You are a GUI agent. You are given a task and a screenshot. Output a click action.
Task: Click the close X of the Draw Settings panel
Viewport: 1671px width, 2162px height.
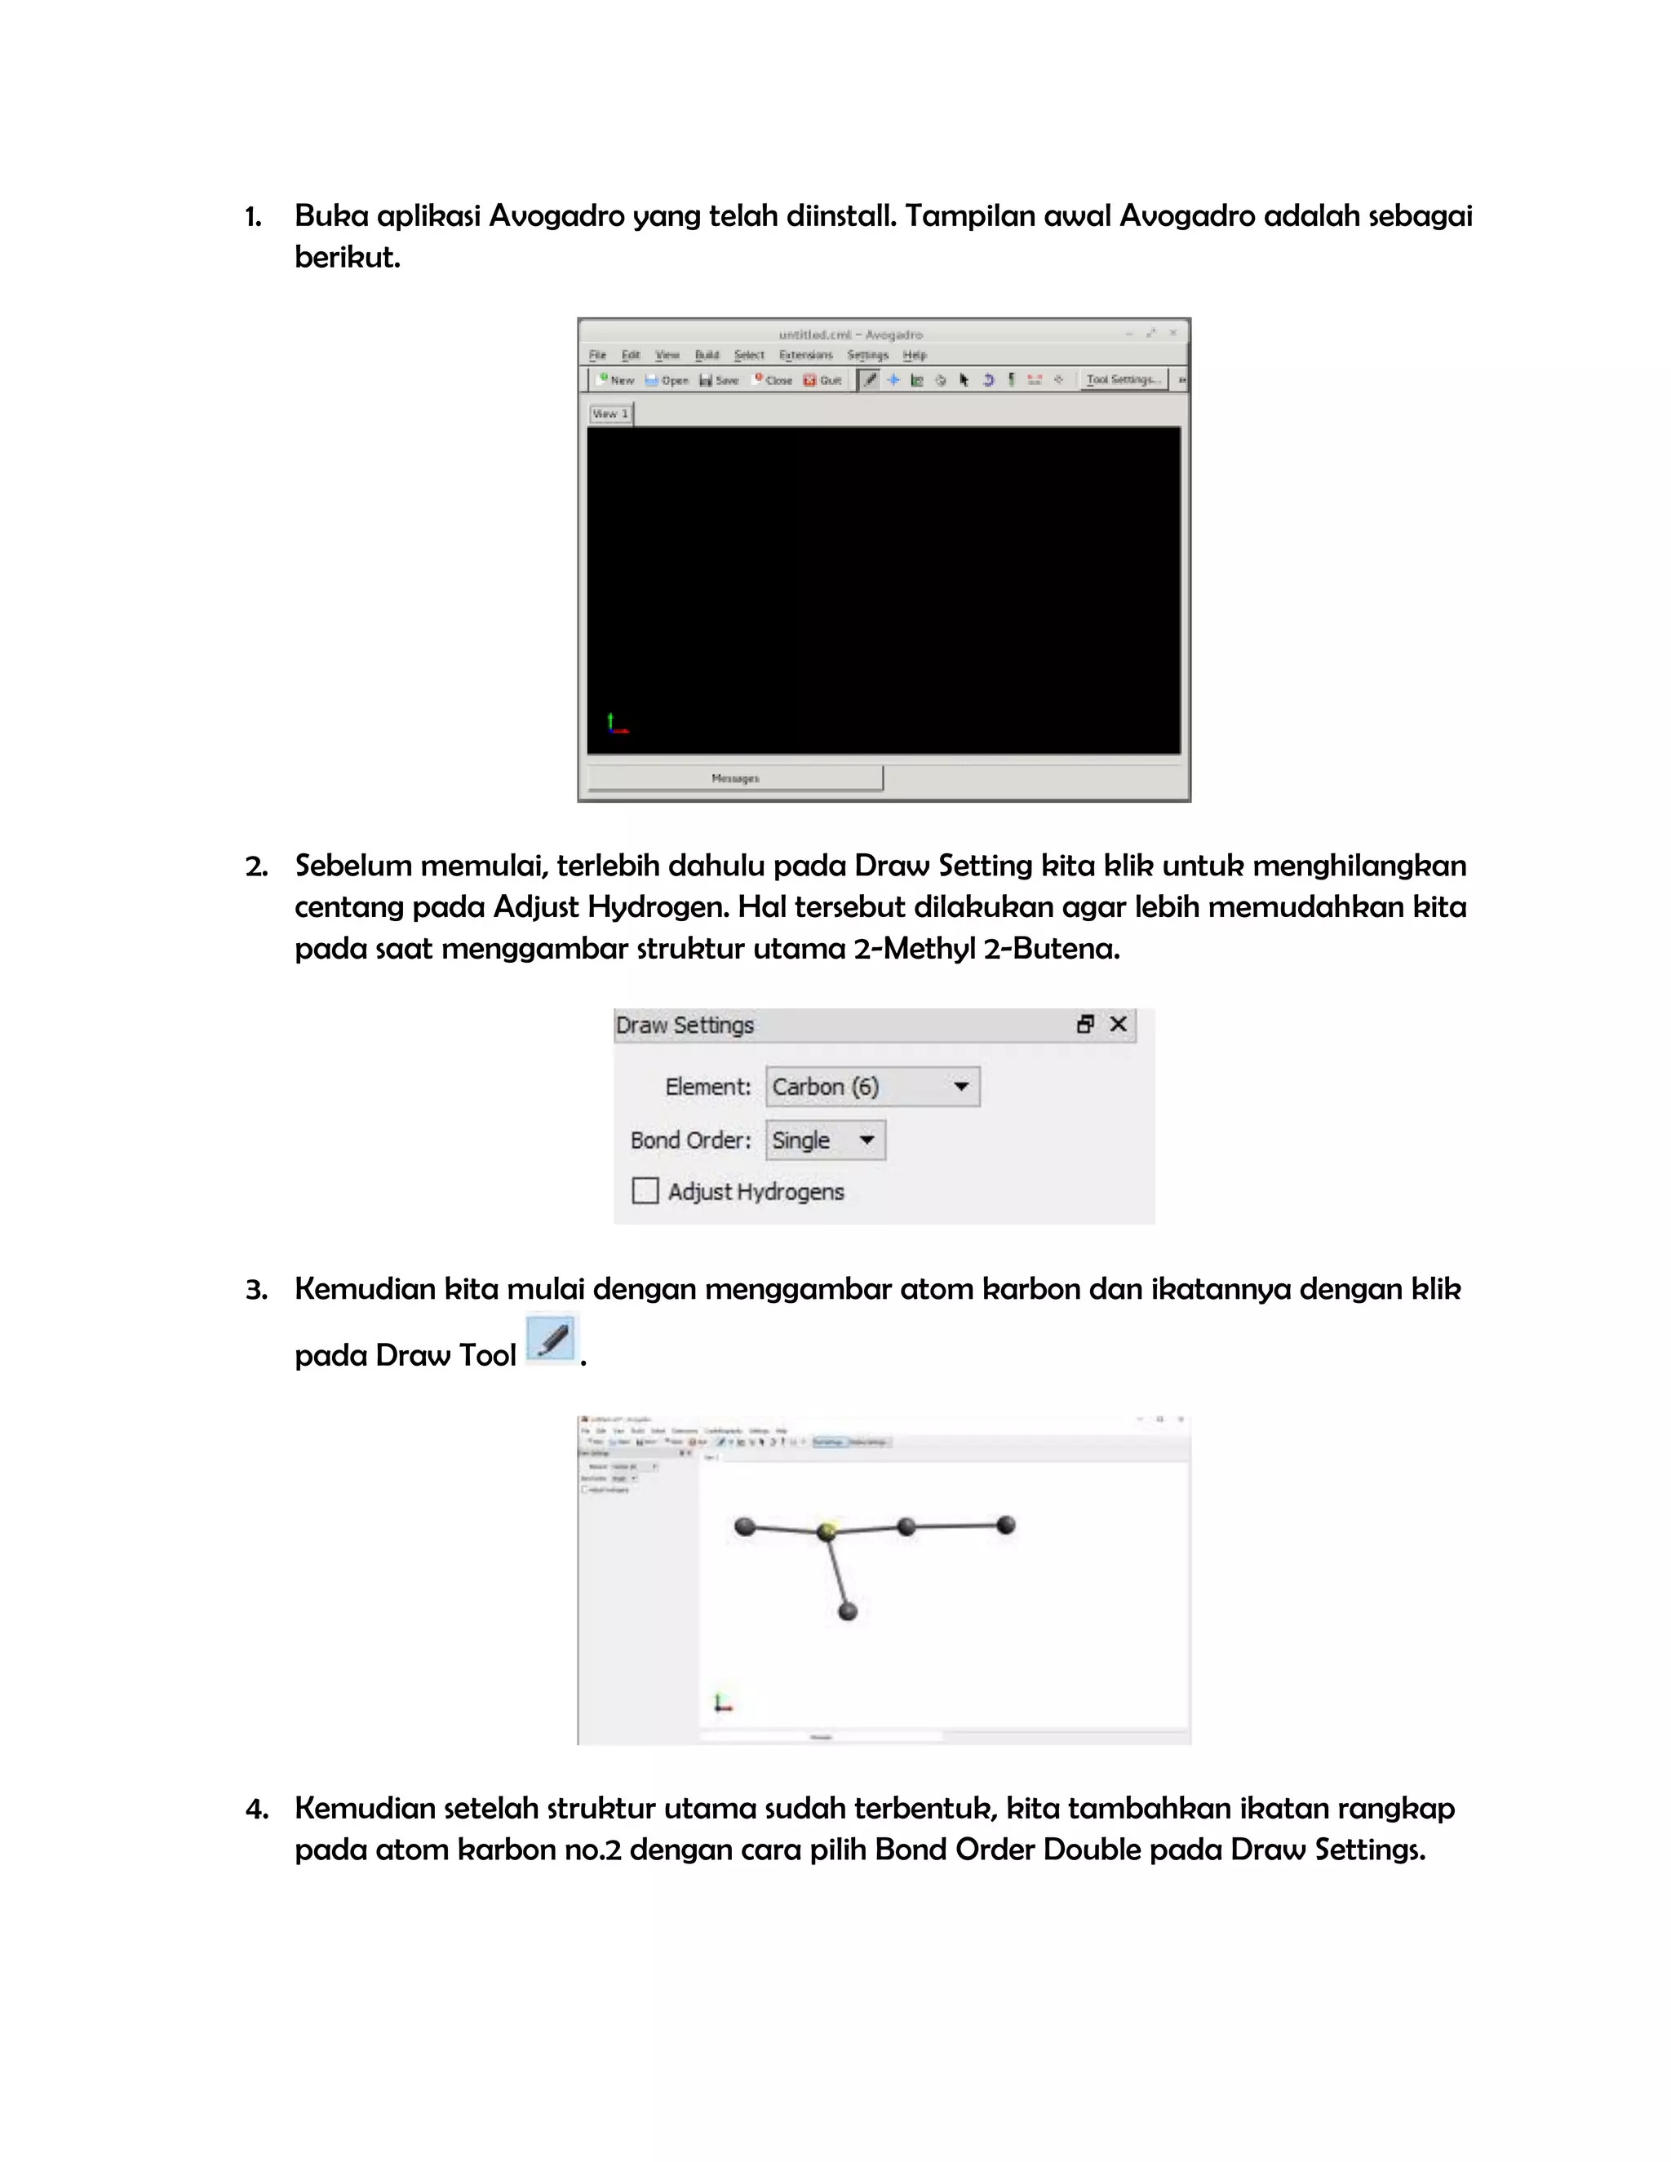[1119, 1025]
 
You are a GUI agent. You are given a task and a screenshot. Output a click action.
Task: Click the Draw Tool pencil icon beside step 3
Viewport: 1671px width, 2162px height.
[552, 1340]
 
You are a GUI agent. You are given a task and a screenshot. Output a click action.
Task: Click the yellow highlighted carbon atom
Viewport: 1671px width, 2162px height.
[827, 1531]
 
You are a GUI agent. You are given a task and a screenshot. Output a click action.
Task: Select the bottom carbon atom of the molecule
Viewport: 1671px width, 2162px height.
[848, 1611]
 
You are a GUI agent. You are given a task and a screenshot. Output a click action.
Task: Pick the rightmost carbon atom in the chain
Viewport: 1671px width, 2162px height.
[1006, 1525]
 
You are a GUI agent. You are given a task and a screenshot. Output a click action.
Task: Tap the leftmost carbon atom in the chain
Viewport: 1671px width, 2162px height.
[746, 1526]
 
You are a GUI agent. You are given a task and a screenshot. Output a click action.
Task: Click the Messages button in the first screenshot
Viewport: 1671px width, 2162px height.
[734, 778]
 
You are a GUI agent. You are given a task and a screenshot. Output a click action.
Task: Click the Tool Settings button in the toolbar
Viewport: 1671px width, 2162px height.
[1123, 379]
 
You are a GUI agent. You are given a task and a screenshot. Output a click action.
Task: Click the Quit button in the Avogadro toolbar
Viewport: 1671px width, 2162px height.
[822, 380]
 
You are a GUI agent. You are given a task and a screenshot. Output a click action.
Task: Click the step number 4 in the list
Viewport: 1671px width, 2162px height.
[255, 1810]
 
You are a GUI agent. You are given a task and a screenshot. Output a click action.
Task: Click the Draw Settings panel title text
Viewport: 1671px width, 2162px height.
[685, 1026]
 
